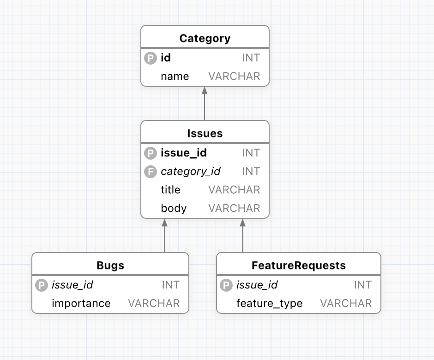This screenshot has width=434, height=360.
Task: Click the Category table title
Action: (x=205, y=38)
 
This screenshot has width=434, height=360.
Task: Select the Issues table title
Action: (x=205, y=133)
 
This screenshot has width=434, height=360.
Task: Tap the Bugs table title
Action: (x=110, y=265)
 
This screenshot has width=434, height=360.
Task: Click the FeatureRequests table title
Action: (x=299, y=265)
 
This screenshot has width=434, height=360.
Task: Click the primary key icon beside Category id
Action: (x=151, y=58)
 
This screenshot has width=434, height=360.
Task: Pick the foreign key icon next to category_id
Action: (x=151, y=172)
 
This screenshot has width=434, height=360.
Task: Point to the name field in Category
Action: (x=175, y=76)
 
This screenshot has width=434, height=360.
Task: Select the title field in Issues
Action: (x=170, y=190)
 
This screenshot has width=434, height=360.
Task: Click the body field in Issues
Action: (x=174, y=208)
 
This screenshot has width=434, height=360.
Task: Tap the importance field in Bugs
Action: (x=81, y=303)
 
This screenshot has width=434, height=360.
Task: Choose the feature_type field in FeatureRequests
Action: (x=269, y=303)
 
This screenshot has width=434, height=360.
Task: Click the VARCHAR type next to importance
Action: (x=154, y=303)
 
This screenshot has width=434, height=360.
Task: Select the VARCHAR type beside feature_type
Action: (x=346, y=303)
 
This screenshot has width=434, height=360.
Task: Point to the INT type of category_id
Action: (x=251, y=172)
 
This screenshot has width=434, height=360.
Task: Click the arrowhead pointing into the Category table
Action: (x=205, y=90)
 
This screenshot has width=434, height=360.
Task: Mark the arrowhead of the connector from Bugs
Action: (x=165, y=222)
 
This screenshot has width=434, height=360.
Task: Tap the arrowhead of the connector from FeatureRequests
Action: (x=243, y=222)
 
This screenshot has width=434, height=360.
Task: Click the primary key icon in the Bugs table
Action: (x=42, y=285)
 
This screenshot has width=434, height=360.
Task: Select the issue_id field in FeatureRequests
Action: (x=257, y=285)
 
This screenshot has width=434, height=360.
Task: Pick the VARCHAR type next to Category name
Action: (x=234, y=76)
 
